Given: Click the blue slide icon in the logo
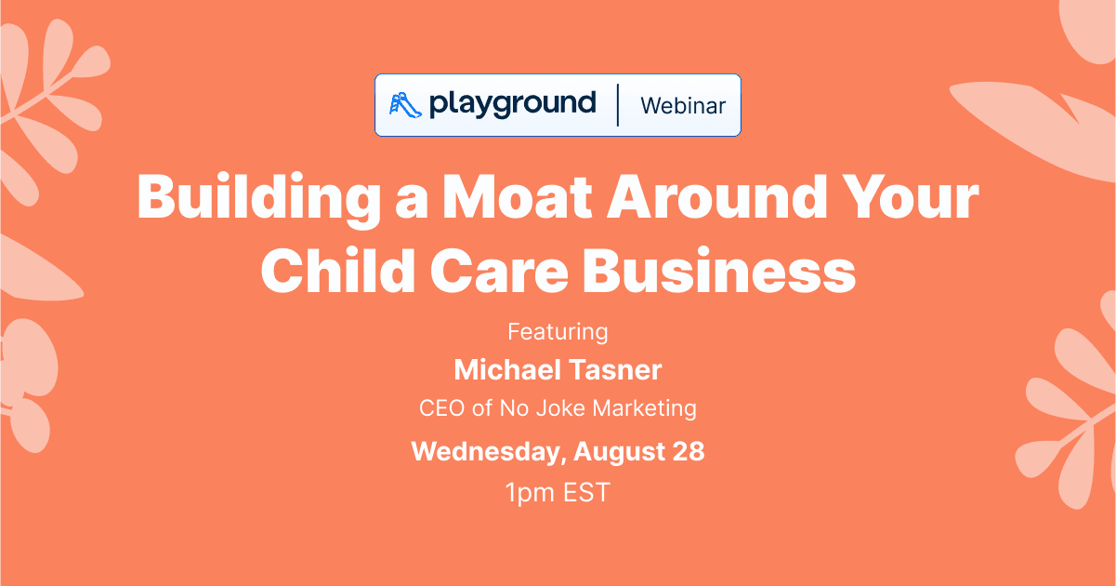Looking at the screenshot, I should click(406, 104).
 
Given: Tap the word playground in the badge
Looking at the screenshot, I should click(512, 104).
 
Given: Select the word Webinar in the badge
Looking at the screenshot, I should click(683, 105).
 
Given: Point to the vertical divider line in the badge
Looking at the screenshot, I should click(618, 105).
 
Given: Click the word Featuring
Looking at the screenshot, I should click(558, 332).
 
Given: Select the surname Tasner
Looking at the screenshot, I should click(617, 369).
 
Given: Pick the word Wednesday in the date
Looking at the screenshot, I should click(487, 452).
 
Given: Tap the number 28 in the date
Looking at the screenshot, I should click(689, 451).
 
